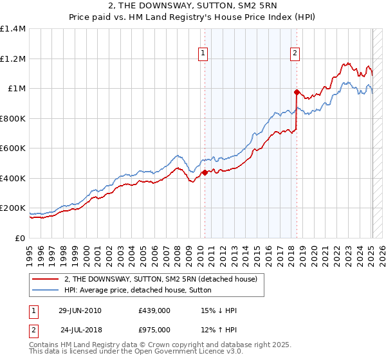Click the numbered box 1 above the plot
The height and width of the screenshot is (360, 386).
point(203,54)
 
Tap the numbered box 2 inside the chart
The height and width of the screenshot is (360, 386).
point(295,54)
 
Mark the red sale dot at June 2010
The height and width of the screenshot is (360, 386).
point(205,172)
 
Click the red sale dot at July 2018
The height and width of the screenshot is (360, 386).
point(297,92)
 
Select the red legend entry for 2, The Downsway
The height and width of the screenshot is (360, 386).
point(161,279)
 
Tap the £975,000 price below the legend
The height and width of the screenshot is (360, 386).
point(154,330)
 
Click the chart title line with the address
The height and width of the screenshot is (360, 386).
point(193,7)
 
